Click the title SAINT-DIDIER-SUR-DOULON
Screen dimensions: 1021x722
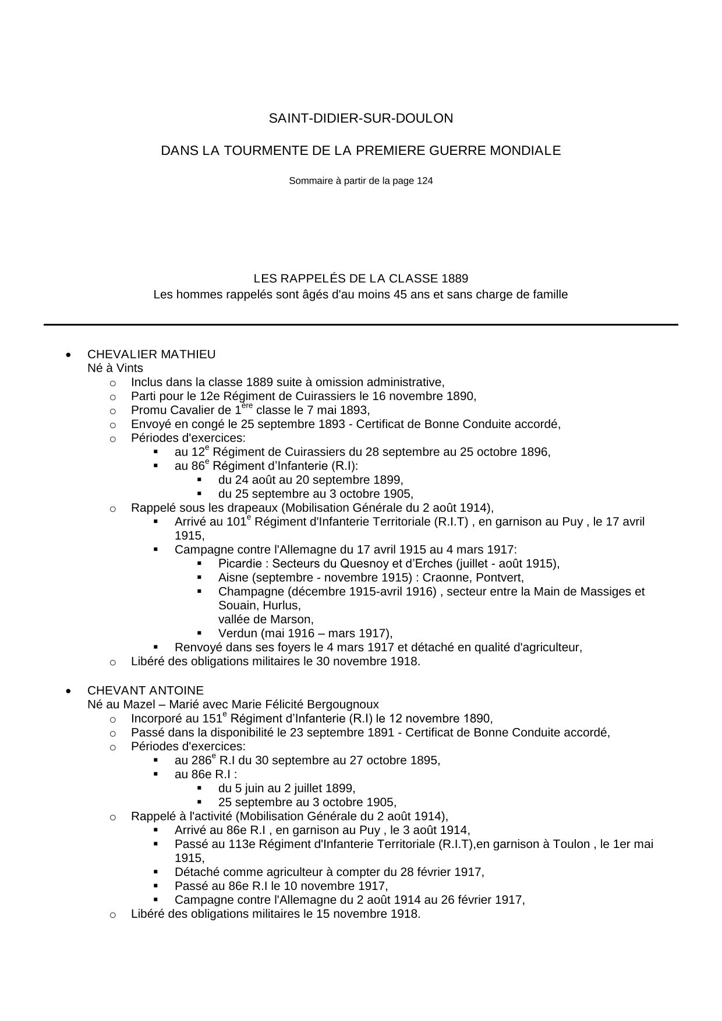point(360,118)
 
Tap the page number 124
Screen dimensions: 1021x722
point(424,181)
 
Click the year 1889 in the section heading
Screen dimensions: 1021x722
point(454,279)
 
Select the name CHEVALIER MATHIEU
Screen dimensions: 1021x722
point(151,354)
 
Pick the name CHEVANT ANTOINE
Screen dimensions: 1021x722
point(146,691)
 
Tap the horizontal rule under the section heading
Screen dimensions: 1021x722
point(360,324)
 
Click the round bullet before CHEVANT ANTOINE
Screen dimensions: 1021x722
point(69,691)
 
